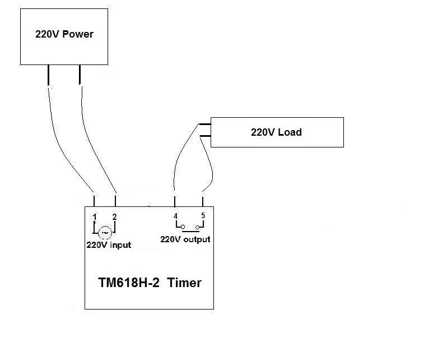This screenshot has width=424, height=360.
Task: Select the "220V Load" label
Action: tap(276, 132)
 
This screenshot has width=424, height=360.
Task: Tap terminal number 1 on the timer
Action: tap(95, 217)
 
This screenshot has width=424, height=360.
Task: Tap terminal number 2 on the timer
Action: tap(114, 217)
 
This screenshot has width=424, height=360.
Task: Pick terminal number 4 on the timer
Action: tap(176, 216)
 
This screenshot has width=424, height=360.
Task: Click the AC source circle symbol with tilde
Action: tap(105, 232)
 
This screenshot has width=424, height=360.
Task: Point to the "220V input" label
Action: tap(109, 245)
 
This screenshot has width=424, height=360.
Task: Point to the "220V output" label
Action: tap(185, 239)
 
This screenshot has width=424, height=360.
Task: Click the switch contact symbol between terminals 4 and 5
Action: tap(189, 228)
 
